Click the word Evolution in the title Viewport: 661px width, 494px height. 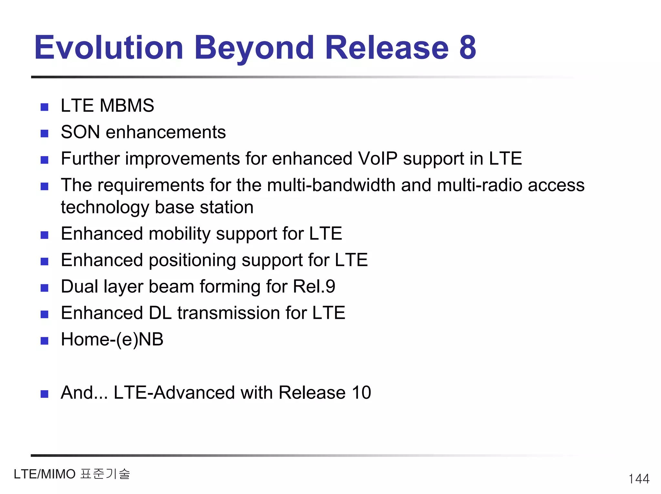click(x=109, y=48)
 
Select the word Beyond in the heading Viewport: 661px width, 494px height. click(x=254, y=48)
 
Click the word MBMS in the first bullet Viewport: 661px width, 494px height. click(x=127, y=106)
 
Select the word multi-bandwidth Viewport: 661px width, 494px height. click(x=331, y=185)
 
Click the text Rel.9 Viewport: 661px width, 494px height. click(x=314, y=287)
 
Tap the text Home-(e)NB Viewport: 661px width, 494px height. click(x=112, y=339)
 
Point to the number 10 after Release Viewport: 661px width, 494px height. click(x=361, y=393)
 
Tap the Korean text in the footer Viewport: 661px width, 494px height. click(x=105, y=474)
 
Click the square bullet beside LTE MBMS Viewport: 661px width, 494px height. click(x=45, y=107)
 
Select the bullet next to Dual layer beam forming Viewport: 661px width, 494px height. click(x=45, y=287)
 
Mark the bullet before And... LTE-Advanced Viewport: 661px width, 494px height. click(x=45, y=394)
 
